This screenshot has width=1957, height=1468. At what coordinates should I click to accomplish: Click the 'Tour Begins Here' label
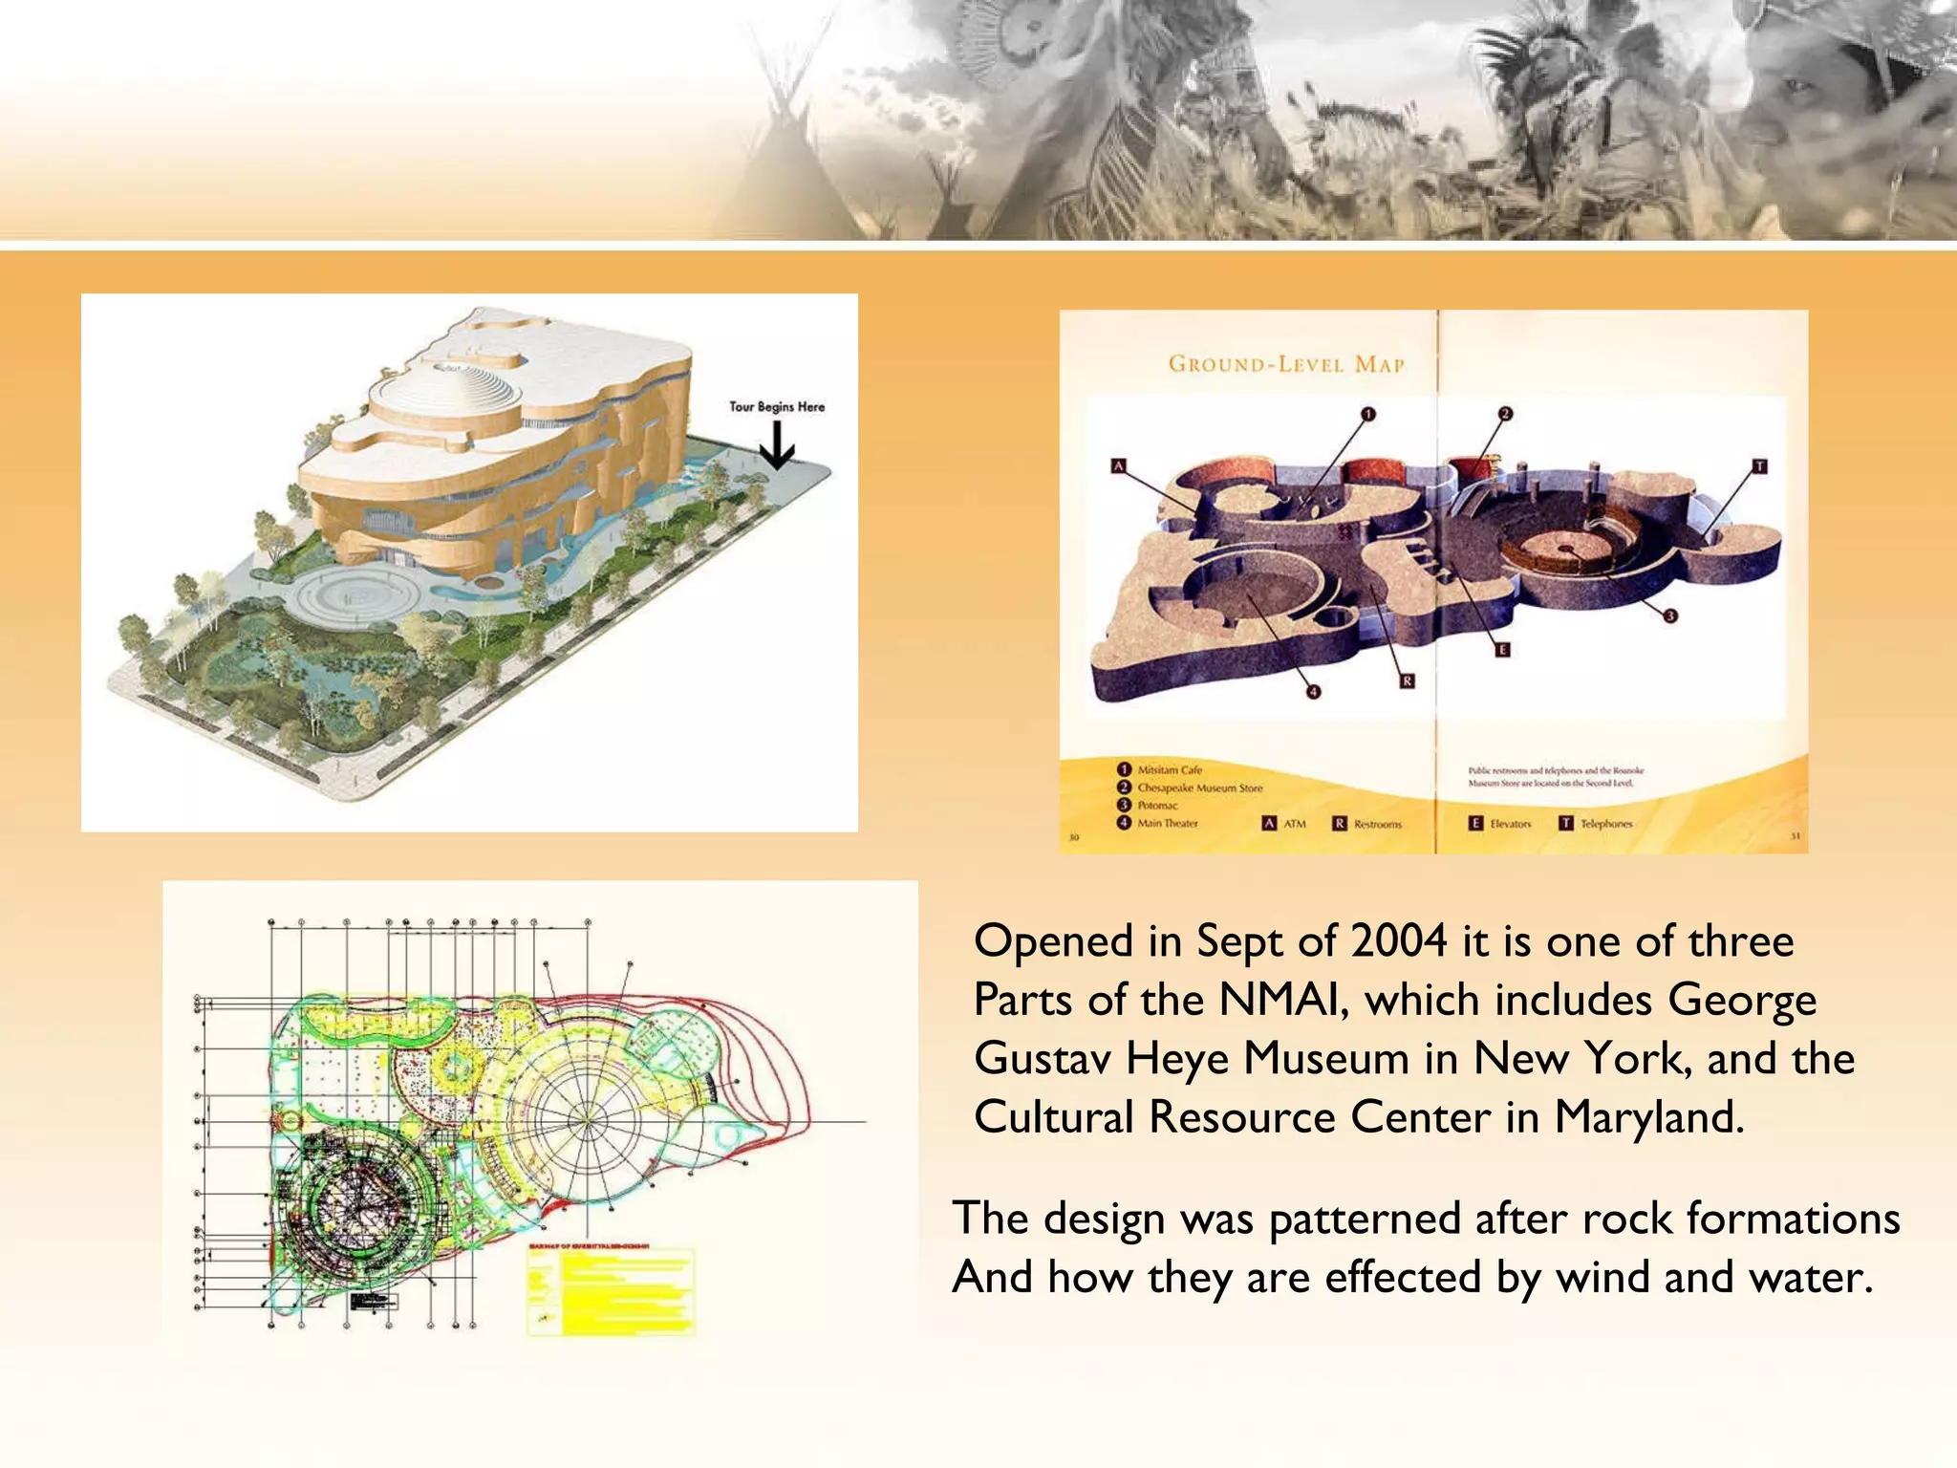(x=777, y=406)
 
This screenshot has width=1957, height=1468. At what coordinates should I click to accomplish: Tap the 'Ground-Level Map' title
(x=1286, y=364)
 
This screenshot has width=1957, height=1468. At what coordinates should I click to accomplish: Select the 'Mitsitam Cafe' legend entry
(x=1169, y=769)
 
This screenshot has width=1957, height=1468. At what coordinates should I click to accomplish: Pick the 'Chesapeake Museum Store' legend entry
(x=1199, y=788)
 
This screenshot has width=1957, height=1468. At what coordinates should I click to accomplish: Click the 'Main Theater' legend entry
(x=1167, y=823)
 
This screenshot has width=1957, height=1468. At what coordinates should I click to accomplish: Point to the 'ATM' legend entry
(x=1284, y=823)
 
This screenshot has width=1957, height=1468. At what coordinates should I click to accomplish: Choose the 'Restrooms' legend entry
(x=1367, y=823)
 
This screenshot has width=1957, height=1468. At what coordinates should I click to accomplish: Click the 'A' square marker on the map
(x=1119, y=466)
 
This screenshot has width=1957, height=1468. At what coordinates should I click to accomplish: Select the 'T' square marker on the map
(x=1759, y=466)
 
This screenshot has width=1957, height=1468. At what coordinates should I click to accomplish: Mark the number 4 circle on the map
(x=1313, y=692)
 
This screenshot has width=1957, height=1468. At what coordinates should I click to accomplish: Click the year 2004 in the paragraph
(x=1399, y=941)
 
